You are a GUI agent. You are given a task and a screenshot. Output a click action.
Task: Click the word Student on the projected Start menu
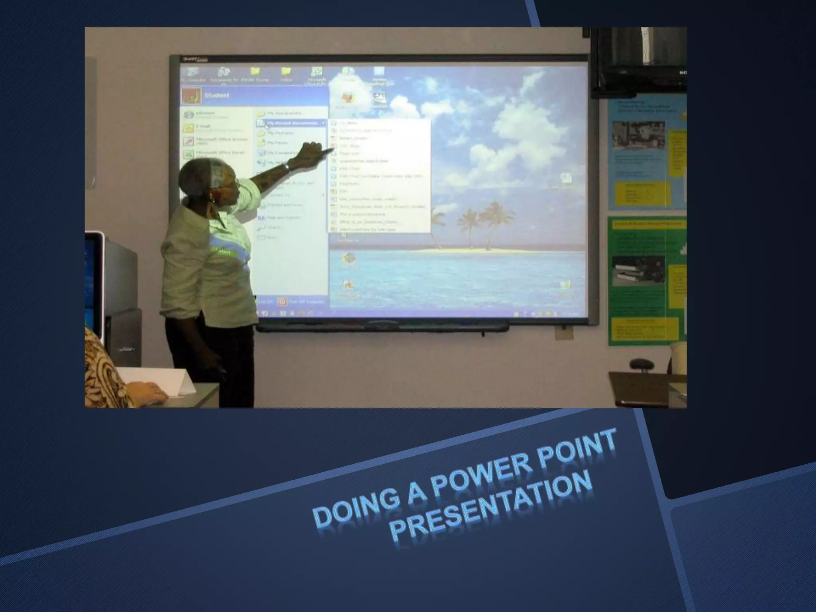coord(217,96)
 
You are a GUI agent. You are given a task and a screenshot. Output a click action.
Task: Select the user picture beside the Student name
coord(191,96)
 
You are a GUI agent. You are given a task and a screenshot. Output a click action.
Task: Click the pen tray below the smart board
coord(382,328)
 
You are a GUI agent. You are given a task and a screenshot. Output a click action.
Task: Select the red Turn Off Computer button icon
coord(282,302)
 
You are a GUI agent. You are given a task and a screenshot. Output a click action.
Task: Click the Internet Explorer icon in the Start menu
coord(188,116)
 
